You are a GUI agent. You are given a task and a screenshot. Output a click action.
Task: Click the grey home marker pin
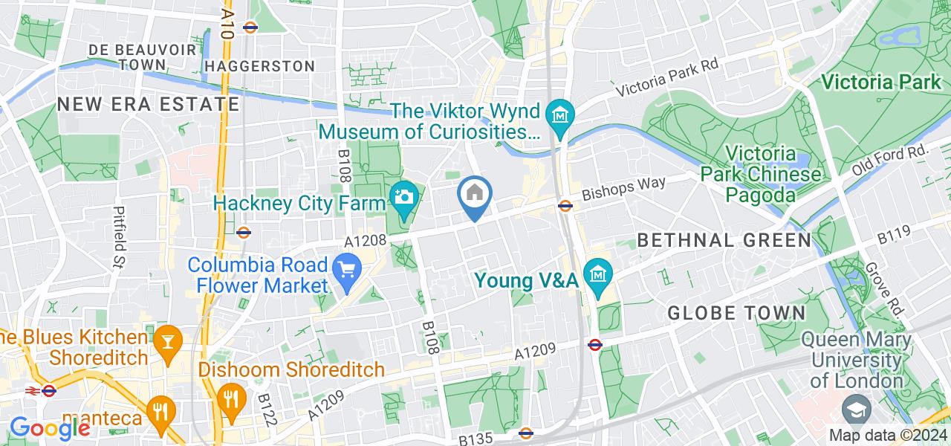tap(475, 195)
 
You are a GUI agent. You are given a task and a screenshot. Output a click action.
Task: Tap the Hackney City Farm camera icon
tap(404, 197)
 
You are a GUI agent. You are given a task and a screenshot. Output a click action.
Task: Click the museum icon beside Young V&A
tap(597, 274)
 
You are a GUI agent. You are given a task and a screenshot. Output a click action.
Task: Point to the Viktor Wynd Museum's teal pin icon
tap(558, 115)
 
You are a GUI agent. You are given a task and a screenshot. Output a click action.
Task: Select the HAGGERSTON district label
tap(260, 66)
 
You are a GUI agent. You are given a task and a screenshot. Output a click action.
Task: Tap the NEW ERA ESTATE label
tap(148, 104)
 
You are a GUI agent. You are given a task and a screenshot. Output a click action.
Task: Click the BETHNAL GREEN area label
tap(724, 240)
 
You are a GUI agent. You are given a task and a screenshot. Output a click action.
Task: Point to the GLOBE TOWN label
tap(736, 313)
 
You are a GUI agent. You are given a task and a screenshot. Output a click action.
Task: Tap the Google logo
tap(49, 428)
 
